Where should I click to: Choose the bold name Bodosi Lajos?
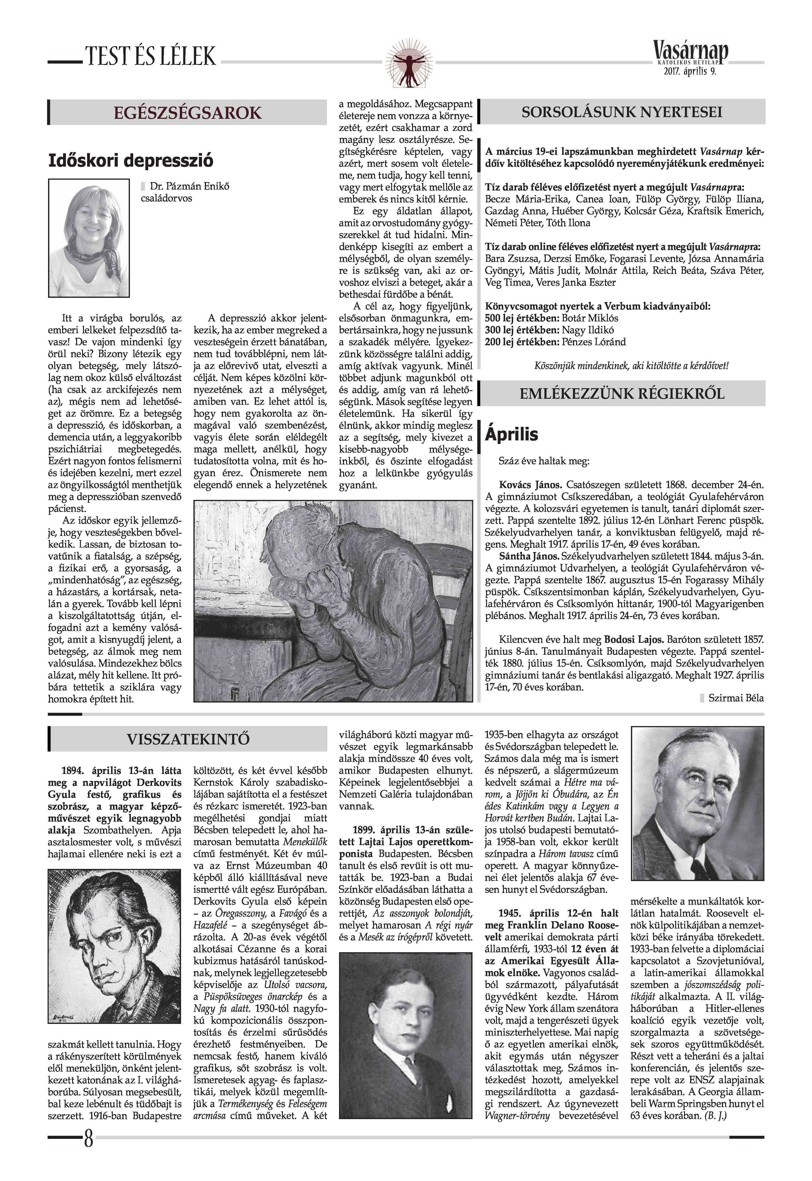[x=633, y=639]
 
